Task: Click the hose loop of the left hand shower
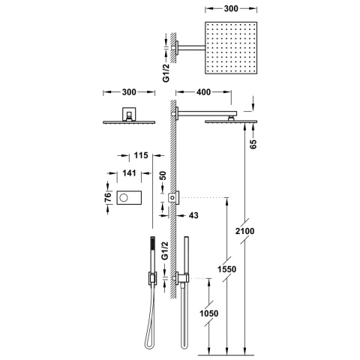[x=146, y=330]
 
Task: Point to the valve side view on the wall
[x=173, y=197]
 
